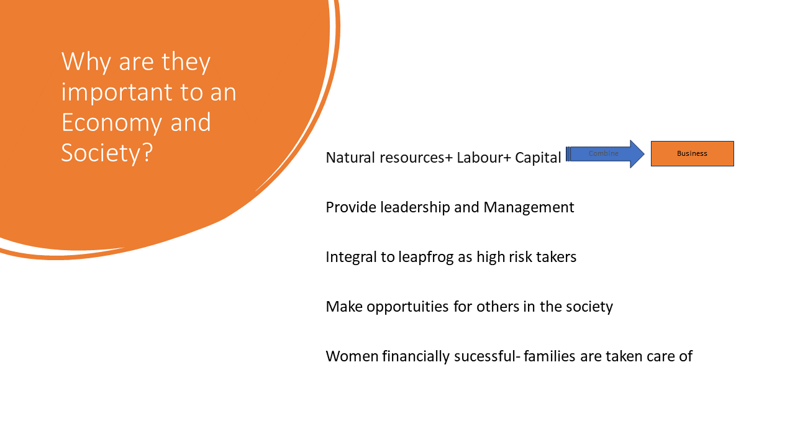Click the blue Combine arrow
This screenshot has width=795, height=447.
click(x=605, y=153)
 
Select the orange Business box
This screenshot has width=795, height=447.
click(x=692, y=153)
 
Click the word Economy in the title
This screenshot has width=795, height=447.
click(x=113, y=123)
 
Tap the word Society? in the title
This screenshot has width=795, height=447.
click(x=107, y=153)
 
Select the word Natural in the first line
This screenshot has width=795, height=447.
click(x=350, y=158)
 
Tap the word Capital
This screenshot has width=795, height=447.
click(x=538, y=158)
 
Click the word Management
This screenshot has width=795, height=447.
click(x=529, y=208)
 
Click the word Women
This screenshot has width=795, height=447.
click(x=352, y=356)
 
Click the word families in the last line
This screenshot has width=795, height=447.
click(x=550, y=356)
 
